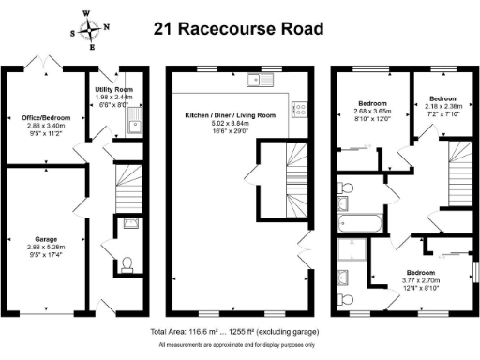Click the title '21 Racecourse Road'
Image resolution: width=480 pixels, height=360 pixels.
click(x=238, y=29)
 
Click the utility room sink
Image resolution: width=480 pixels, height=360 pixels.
click(x=134, y=119)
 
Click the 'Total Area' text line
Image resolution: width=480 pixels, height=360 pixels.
click(x=234, y=333)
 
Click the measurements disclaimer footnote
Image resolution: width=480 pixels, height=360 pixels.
click(x=234, y=347)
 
